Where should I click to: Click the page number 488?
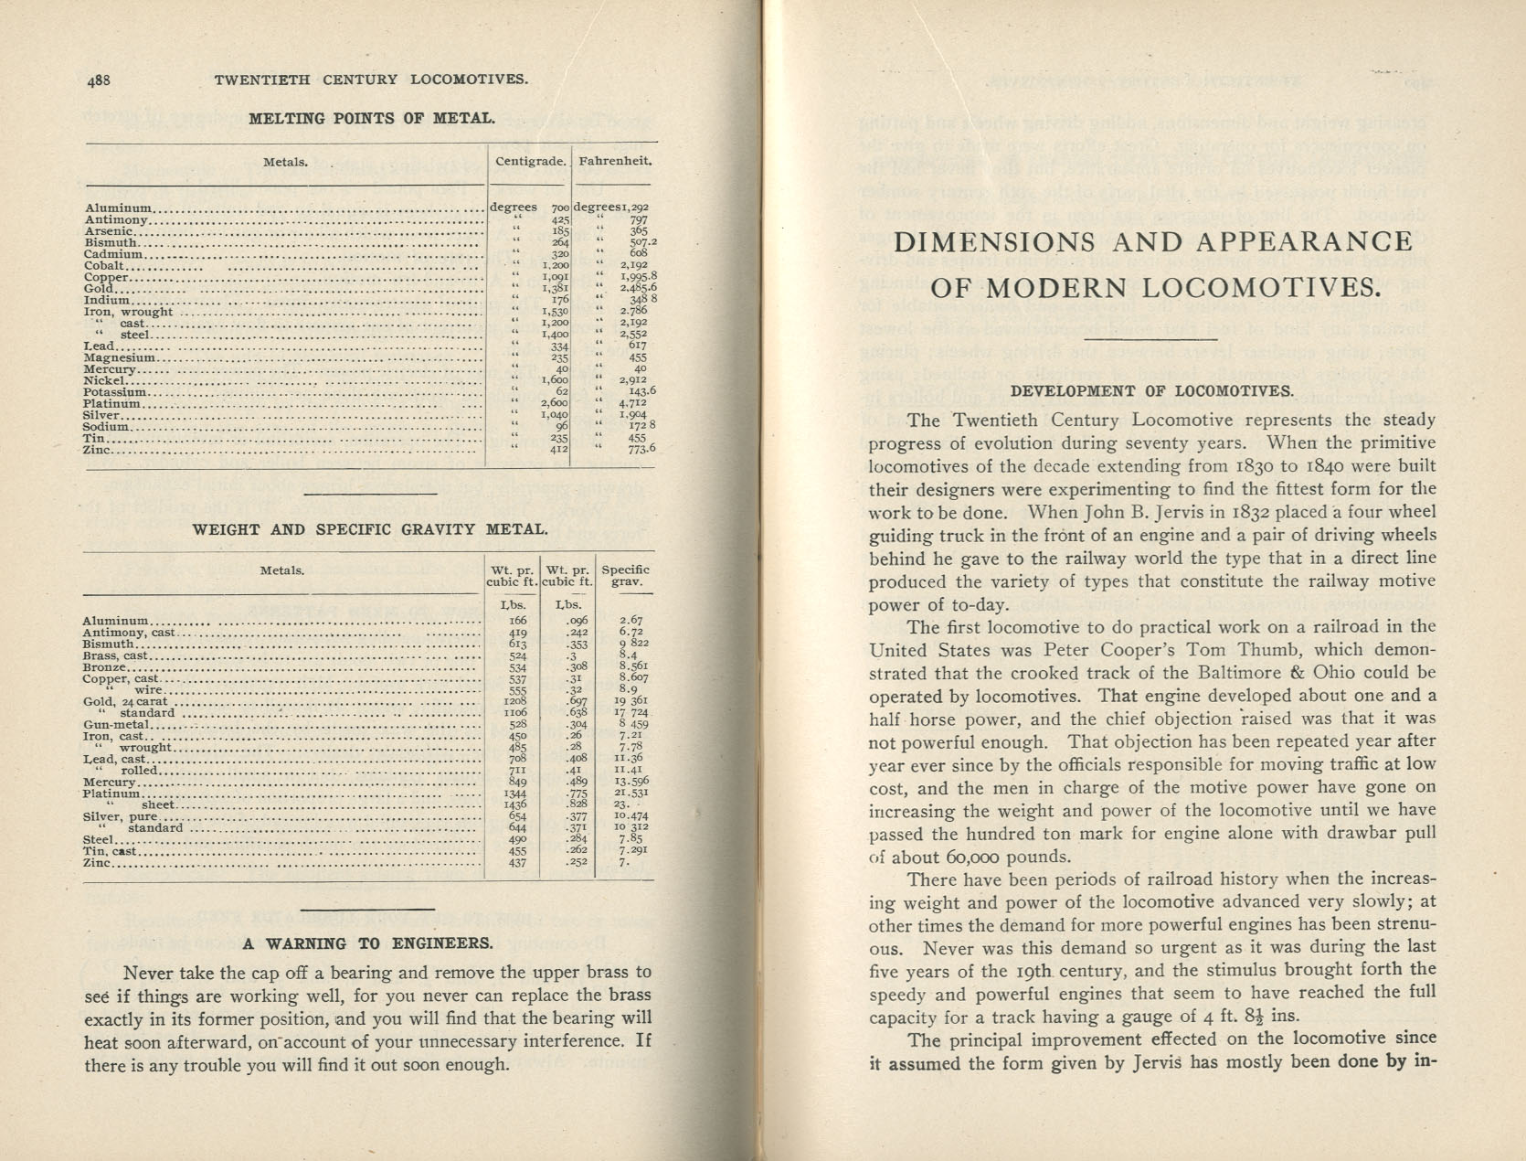[99, 80]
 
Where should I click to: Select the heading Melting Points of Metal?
[372, 118]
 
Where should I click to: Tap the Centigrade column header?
[530, 161]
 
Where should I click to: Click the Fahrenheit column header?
[615, 161]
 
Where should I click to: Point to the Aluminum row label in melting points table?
[119, 208]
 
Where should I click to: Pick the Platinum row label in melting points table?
[112, 403]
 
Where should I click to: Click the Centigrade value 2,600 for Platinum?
[554, 403]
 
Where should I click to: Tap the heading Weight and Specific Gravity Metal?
[370, 529]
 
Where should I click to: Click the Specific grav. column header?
[625, 576]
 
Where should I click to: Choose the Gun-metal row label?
[116, 724]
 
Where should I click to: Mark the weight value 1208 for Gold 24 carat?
[517, 701]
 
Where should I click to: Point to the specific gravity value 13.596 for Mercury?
[632, 782]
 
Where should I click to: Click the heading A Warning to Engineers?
[367, 943]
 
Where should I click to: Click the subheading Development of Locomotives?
[1151, 391]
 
